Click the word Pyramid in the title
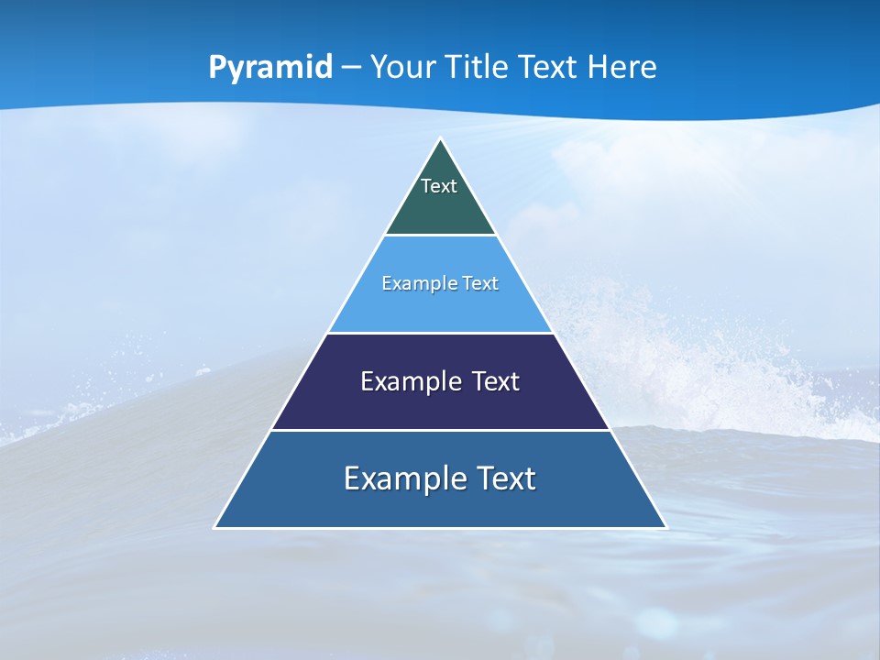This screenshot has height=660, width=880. (x=270, y=68)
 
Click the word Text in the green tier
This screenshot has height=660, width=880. (x=439, y=186)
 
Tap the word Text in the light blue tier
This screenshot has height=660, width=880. (x=480, y=283)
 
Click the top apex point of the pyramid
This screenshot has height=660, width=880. (x=441, y=139)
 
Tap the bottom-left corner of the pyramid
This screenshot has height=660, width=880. (x=215, y=527)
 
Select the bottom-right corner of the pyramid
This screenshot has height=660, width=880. (x=666, y=527)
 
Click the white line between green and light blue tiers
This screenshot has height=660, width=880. (x=441, y=236)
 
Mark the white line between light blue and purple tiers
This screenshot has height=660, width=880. (x=441, y=333)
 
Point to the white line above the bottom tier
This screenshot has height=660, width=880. (x=441, y=430)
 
